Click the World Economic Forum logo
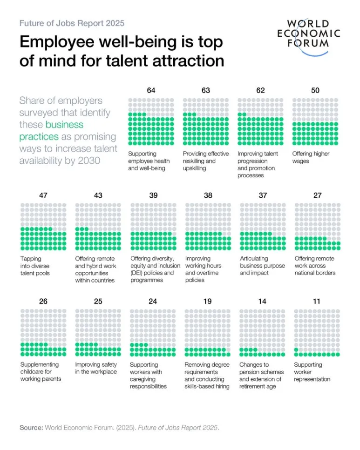point(309,34)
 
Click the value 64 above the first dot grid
point(151,90)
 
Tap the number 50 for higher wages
point(315,90)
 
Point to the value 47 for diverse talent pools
point(43,195)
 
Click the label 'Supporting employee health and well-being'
point(149,161)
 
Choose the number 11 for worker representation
point(317,302)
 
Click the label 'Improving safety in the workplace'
point(96,368)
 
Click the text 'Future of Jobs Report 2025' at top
point(72,23)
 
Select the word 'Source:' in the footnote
point(31,427)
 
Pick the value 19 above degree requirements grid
point(207,302)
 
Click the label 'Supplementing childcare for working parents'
point(40,372)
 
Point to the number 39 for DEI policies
point(153,195)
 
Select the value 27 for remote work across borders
point(317,195)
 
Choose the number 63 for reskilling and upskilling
point(206,90)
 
